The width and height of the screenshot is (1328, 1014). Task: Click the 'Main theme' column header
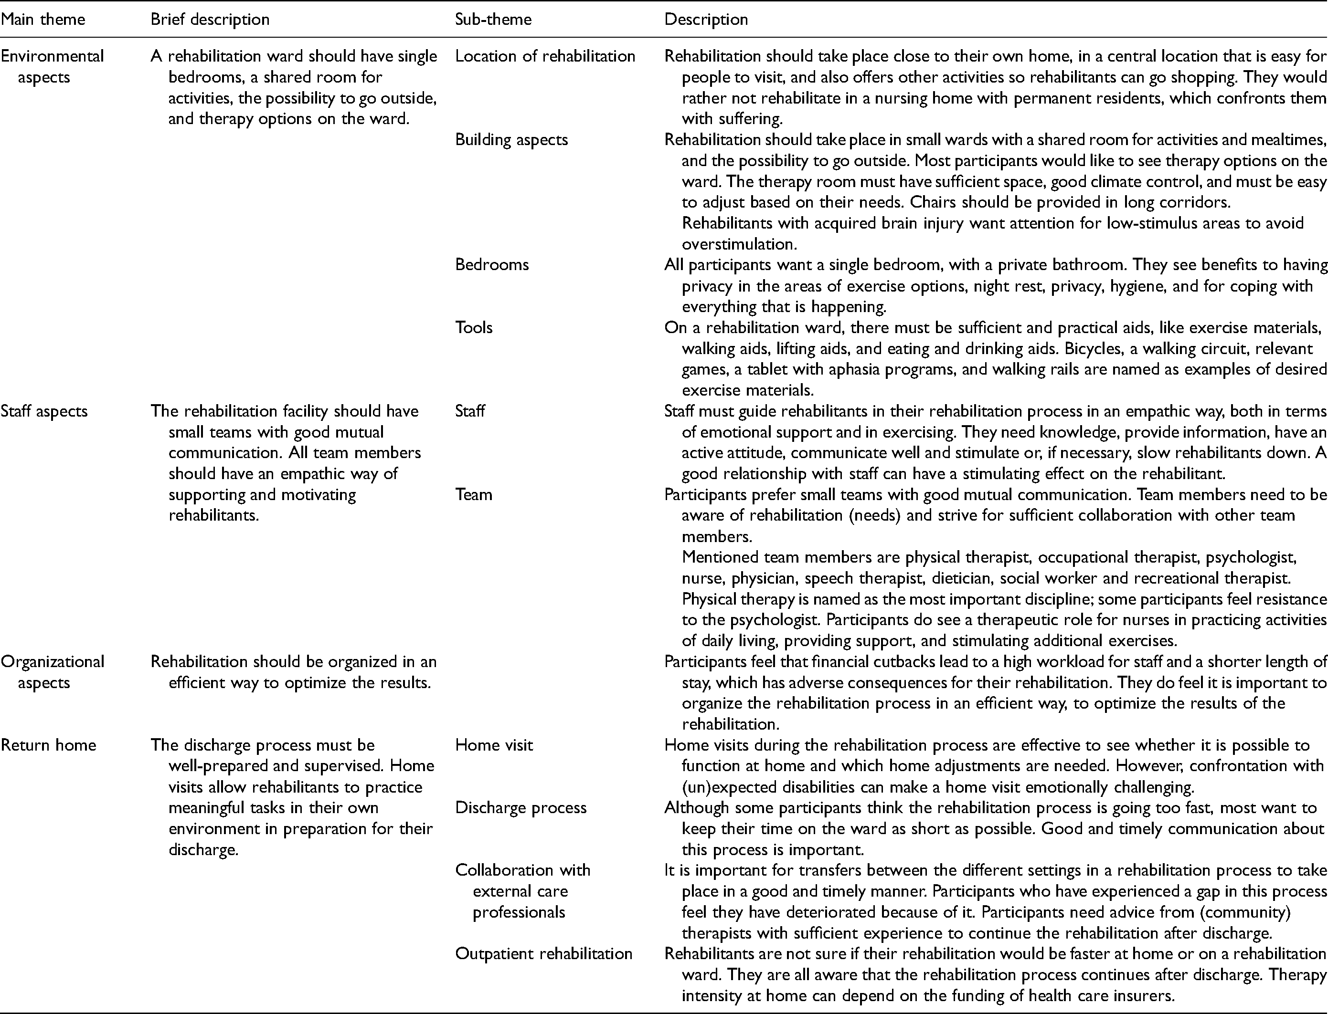pyautogui.click(x=43, y=19)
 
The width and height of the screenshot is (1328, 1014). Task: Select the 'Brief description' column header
pyautogui.click(x=210, y=19)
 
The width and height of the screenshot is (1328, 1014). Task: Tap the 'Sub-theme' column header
pyautogui.click(x=493, y=19)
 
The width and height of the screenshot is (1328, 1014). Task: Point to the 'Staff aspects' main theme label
pyautogui.click(x=44, y=411)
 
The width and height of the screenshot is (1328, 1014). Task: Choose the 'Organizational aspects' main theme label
pyautogui.click(x=53, y=672)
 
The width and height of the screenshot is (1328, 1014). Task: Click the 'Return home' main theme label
pyautogui.click(x=48, y=745)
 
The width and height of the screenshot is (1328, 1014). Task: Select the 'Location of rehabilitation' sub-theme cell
pyautogui.click(x=545, y=56)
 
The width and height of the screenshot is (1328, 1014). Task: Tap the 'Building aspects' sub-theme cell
pyautogui.click(x=511, y=139)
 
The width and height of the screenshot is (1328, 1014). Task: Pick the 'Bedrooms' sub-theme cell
pyautogui.click(x=491, y=264)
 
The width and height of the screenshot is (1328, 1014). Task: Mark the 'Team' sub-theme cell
pyautogui.click(x=473, y=494)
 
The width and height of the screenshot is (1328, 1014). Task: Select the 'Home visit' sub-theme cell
pyautogui.click(x=494, y=745)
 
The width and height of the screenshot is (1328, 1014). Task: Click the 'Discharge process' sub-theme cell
pyautogui.click(x=521, y=807)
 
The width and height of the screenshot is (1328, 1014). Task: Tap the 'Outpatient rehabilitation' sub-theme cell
pyautogui.click(x=543, y=954)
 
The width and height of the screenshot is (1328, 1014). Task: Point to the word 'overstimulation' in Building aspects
pyautogui.click(x=735, y=244)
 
